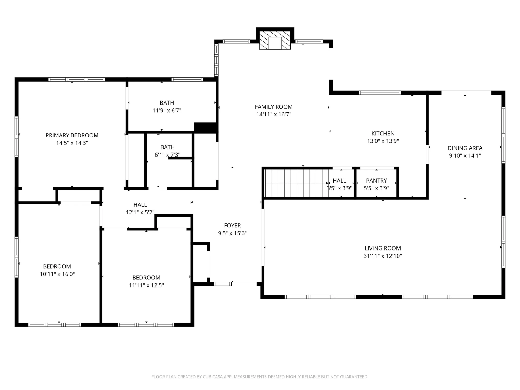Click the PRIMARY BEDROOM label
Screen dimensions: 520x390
point(72,135)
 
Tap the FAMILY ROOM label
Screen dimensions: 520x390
point(274,107)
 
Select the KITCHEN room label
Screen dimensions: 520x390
point(383,134)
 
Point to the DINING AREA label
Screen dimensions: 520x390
point(465,148)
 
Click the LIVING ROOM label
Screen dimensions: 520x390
point(383,248)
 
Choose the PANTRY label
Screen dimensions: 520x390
point(376,181)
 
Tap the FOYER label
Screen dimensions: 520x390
point(232,226)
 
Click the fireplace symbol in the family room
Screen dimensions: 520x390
point(275,40)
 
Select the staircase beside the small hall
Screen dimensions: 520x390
point(297,183)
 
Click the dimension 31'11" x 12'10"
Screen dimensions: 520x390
point(383,256)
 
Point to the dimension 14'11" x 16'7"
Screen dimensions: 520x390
point(274,115)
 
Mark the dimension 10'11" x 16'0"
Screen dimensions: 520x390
point(57,274)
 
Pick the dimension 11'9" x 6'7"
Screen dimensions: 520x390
point(167,110)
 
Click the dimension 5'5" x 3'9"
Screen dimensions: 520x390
point(376,188)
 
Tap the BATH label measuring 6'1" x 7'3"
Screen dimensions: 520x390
point(167,147)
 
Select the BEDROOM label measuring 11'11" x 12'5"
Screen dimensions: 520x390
point(146,278)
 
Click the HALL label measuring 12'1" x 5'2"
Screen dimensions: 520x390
point(140,205)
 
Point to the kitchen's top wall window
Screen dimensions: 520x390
point(380,93)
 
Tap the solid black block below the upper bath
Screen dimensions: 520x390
point(206,128)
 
